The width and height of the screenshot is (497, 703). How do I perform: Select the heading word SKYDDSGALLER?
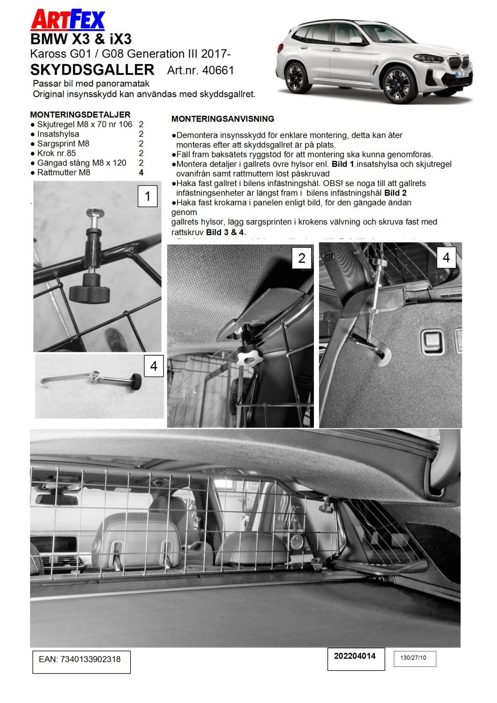tap(92, 70)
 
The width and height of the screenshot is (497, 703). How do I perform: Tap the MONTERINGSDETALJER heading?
tap(80, 114)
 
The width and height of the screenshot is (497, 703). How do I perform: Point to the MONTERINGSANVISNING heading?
tap(223, 119)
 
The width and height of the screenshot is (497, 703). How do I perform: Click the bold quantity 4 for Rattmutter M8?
tap(141, 172)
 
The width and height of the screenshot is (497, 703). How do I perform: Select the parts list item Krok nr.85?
tap(56, 153)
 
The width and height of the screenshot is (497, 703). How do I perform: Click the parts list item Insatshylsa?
tap(58, 134)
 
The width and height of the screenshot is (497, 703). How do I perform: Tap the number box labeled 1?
tap(148, 196)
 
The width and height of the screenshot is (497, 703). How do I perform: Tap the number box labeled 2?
tap(302, 258)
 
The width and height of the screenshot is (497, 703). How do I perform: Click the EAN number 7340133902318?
tap(80, 659)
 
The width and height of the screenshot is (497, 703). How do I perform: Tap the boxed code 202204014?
tap(355, 656)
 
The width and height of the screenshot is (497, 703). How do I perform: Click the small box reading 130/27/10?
tap(413, 658)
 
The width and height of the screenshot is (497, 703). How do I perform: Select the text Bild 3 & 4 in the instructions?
tap(226, 232)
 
